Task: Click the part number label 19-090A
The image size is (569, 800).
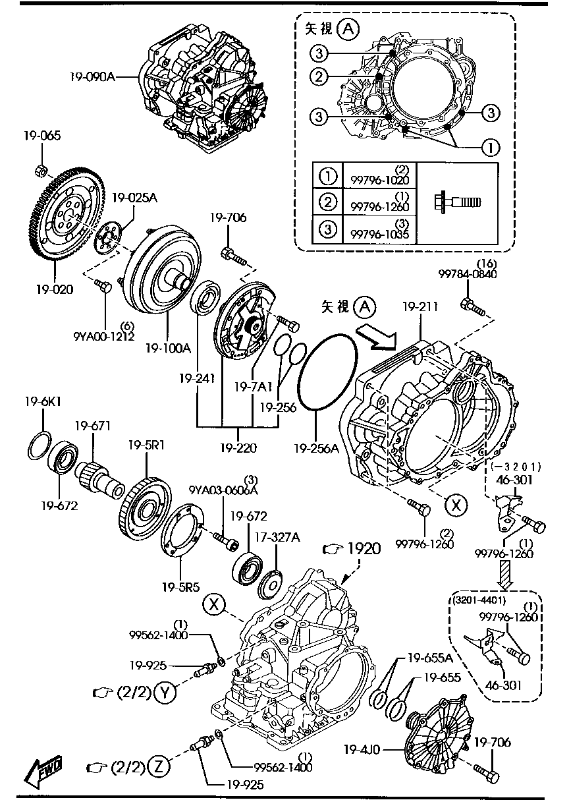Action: tap(93, 76)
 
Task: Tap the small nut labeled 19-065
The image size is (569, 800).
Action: tap(40, 170)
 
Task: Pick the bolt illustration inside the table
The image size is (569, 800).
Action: tap(457, 201)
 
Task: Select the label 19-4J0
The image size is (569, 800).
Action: tap(365, 749)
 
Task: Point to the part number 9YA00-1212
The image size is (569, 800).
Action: tap(104, 335)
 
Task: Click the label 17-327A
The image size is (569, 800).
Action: tap(282, 538)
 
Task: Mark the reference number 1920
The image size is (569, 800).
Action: tap(364, 548)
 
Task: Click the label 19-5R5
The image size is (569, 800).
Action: tap(181, 585)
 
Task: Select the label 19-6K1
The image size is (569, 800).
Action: tap(43, 401)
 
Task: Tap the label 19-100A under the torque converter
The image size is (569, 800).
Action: tap(168, 347)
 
